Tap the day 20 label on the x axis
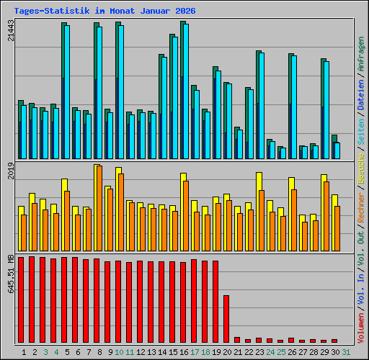point(226,352)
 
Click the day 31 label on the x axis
point(345,352)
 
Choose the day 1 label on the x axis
point(24,352)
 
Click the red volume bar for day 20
point(226,318)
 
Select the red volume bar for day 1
point(21,299)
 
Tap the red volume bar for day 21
point(237,340)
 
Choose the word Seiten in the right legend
point(361,129)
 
